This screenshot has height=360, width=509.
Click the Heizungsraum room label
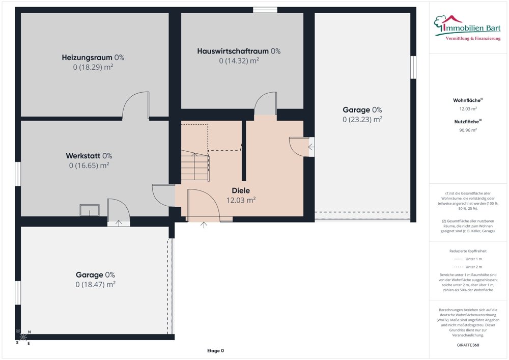tap(93, 58)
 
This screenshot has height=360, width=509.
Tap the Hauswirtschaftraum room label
tap(239, 51)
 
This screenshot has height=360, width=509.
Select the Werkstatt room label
tap(89, 156)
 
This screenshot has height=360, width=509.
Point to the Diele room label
tap(241, 190)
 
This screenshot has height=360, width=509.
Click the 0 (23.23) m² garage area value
tap(362, 120)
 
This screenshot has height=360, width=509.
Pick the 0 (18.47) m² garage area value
tap(96, 284)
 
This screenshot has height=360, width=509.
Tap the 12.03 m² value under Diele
tap(241, 200)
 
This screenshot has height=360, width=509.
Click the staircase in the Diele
tap(195, 165)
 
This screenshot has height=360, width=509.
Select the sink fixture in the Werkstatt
tap(90, 210)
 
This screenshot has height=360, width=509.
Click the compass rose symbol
tap(23, 337)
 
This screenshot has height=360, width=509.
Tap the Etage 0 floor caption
tap(215, 351)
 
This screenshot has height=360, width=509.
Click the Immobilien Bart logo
tap(467, 28)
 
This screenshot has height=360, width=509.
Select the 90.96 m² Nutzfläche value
tap(468, 130)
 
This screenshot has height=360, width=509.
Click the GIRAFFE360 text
tap(468, 345)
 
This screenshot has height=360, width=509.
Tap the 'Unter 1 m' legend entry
tap(468, 259)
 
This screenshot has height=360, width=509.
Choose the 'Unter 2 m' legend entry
tap(468, 267)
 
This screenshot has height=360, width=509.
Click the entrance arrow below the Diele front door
tap(204, 225)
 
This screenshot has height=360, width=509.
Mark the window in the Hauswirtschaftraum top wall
tap(265, 10)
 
